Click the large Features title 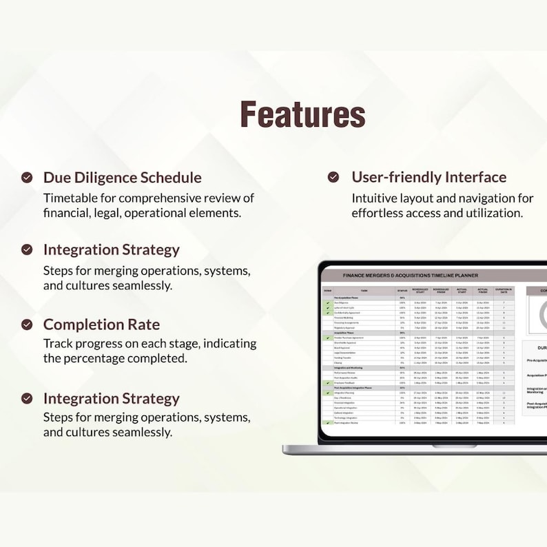[x=302, y=114]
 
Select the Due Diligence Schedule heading [x=122, y=177]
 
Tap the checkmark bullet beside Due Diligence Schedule [x=27, y=178]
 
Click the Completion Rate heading [x=101, y=324]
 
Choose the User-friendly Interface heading [x=429, y=177]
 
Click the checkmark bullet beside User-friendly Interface [x=333, y=178]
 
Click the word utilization [x=488, y=213]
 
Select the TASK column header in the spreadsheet [x=364, y=291]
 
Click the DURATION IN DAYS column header [x=504, y=291]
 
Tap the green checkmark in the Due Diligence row [x=328, y=302]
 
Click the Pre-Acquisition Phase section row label [x=349, y=298]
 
